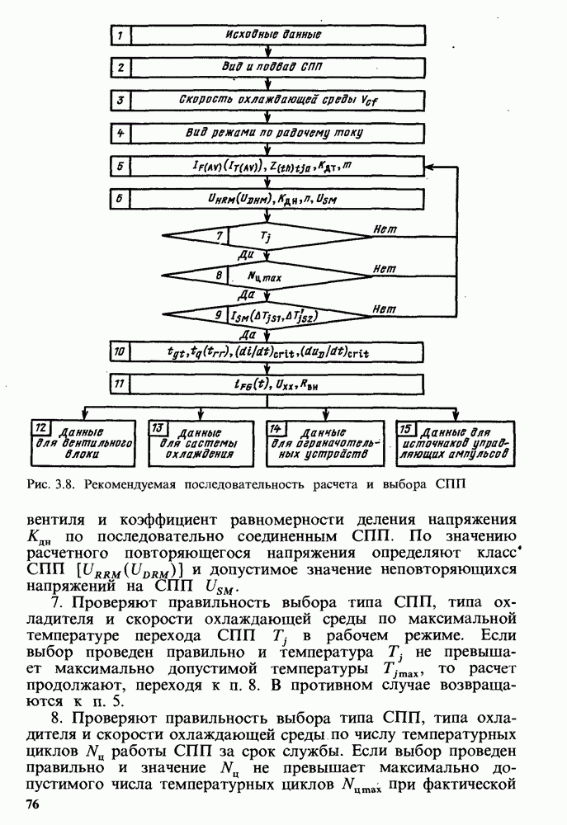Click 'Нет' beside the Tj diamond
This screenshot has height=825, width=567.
(x=381, y=228)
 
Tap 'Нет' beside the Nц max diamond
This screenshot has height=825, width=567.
(x=381, y=268)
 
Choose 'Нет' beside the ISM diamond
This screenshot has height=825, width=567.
(x=381, y=307)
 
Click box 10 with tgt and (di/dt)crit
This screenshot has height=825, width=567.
(x=268, y=352)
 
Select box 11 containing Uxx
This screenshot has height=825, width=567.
(x=268, y=384)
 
